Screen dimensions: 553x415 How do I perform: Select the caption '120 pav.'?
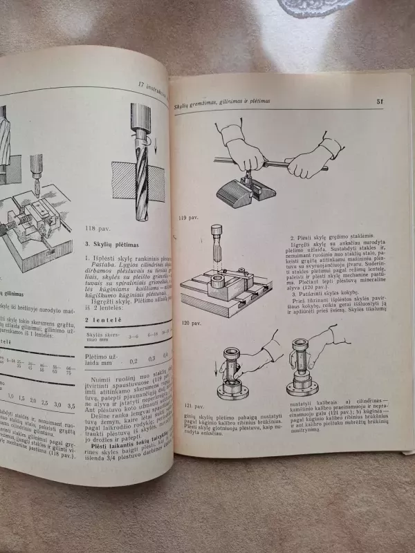[x=188, y=323]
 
